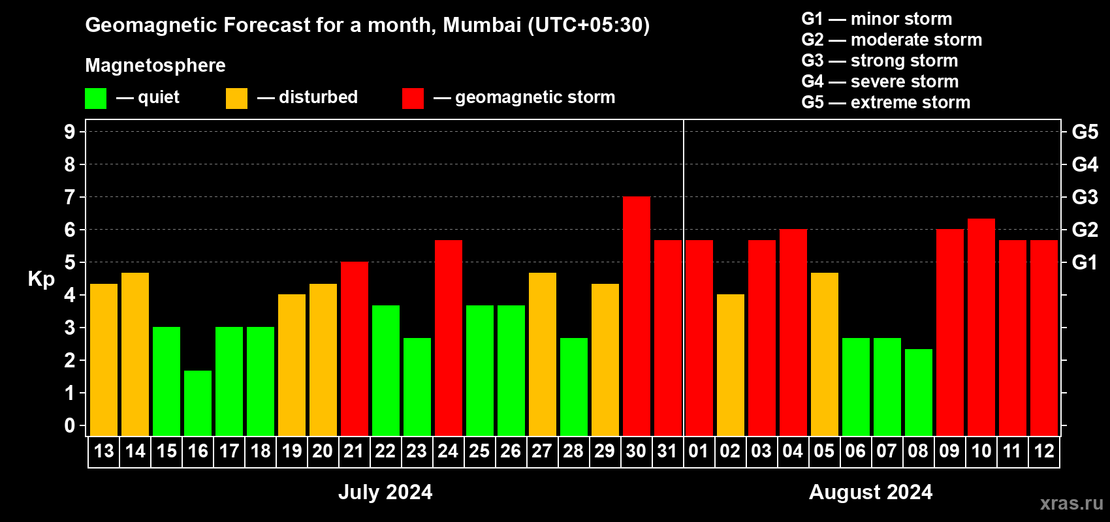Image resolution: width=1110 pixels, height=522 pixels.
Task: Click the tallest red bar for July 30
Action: click(636, 316)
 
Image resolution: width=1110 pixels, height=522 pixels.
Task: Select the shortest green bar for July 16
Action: click(198, 403)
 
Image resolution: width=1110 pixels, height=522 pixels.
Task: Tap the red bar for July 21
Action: click(354, 349)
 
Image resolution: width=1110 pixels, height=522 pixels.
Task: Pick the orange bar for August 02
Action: click(730, 365)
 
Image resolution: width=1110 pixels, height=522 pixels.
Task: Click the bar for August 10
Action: click(981, 328)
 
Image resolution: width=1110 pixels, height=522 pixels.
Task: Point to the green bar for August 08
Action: click(918, 393)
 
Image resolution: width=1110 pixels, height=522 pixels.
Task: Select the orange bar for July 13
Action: click(104, 360)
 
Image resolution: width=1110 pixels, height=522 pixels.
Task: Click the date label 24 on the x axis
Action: click(448, 452)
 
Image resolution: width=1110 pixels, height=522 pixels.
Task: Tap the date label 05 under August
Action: click(824, 452)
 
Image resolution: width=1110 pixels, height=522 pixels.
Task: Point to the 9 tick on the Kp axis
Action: click(70, 132)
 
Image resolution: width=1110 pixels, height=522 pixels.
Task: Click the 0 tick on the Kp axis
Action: click(70, 426)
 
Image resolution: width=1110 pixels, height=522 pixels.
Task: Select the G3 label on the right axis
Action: click(1085, 197)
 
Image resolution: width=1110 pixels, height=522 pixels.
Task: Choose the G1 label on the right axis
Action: click(1085, 262)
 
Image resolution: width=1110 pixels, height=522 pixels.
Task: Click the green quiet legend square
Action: click(96, 99)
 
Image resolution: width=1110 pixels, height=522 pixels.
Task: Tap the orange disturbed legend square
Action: click(236, 99)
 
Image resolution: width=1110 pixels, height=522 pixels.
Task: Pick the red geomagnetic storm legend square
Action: click(413, 99)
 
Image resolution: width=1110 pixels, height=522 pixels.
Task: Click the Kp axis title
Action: click(41, 279)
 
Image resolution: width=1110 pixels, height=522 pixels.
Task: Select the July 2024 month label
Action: click(385, 492)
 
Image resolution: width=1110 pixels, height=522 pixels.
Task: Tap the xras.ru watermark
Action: click(1071, 503)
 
